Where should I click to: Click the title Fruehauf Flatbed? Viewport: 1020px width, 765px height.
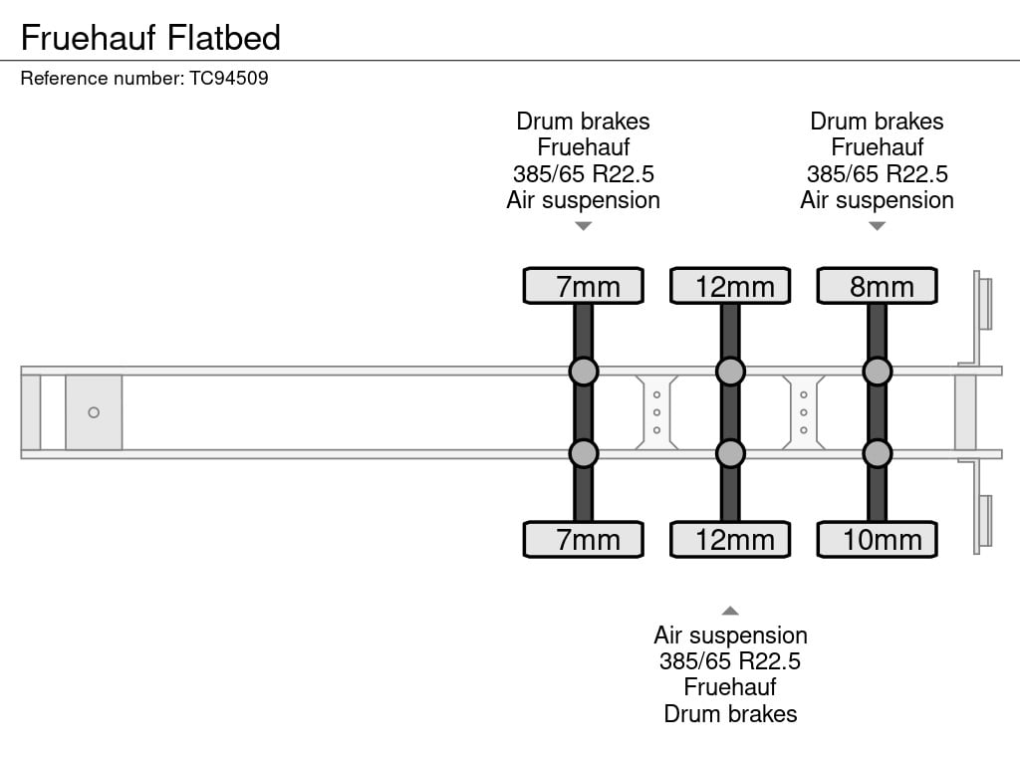tap(150, 38)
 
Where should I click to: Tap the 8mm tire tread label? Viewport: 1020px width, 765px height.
tap(877, 286)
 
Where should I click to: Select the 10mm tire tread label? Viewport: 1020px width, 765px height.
tap(877, 540)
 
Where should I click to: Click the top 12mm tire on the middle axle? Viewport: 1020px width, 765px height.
tap(730, 286)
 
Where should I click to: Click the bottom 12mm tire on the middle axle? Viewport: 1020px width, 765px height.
tap(730, 540)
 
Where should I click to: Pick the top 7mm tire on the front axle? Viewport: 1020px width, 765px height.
tap(584, 286)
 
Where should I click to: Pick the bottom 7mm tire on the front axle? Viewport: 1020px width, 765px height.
tap(584, 540)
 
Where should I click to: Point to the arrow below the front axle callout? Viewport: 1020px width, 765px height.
tap(584, 226)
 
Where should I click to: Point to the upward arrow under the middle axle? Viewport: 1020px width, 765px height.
tap(730, 611)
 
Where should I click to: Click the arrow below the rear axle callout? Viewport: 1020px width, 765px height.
tap(877, 226)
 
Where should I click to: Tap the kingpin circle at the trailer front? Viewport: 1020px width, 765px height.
tap(94, 412)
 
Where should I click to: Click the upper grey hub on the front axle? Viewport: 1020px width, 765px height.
tap(584, 372)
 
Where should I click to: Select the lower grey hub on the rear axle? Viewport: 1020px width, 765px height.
tap(877, 454)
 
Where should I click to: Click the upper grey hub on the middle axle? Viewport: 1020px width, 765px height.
tap(730, 372)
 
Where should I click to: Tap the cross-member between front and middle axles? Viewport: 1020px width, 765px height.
tap(657, 412)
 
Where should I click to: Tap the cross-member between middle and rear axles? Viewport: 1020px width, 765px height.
tap(804, 412)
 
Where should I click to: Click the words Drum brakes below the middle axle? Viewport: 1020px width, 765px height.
tap(730, 713)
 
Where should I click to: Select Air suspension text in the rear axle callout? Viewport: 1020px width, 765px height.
tap(877, 200)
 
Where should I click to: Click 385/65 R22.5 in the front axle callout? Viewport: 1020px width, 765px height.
tap(584, 174)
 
